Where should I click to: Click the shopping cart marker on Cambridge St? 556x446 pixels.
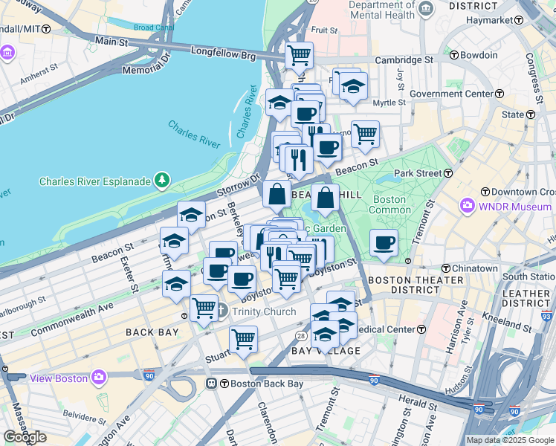pos(299,54)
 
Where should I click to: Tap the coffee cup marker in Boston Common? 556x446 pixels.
pos(384,243)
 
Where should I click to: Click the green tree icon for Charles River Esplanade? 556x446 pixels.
pos(161,181)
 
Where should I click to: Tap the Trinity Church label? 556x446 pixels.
pos(264,311)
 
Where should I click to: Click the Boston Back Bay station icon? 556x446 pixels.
pos(211,384)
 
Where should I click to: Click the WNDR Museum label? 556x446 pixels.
pos(514,205)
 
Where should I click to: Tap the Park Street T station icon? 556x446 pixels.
pos(448,172)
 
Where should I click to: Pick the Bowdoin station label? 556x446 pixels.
pos(478,55)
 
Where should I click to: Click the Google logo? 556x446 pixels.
pos(25,436)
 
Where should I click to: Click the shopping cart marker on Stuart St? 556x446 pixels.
pos(243,339)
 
